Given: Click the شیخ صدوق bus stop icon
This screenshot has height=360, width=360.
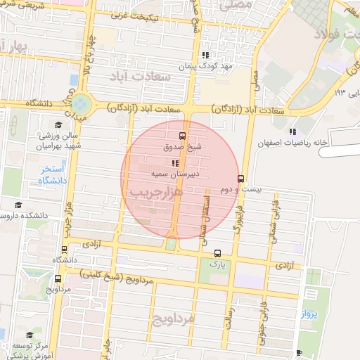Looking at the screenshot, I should pos(183,136).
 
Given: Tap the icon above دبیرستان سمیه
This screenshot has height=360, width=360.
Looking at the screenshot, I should pos(175,162).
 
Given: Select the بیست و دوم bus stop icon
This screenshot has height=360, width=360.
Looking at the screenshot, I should pos(241,179).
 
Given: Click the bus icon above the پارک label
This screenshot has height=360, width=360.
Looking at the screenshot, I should pos(217,253).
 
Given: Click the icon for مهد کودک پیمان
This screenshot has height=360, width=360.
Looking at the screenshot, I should pos(205,54).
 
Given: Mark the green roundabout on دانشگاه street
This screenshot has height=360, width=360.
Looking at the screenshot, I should pos(82,104).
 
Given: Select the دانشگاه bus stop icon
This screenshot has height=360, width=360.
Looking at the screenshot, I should pos(65,250).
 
